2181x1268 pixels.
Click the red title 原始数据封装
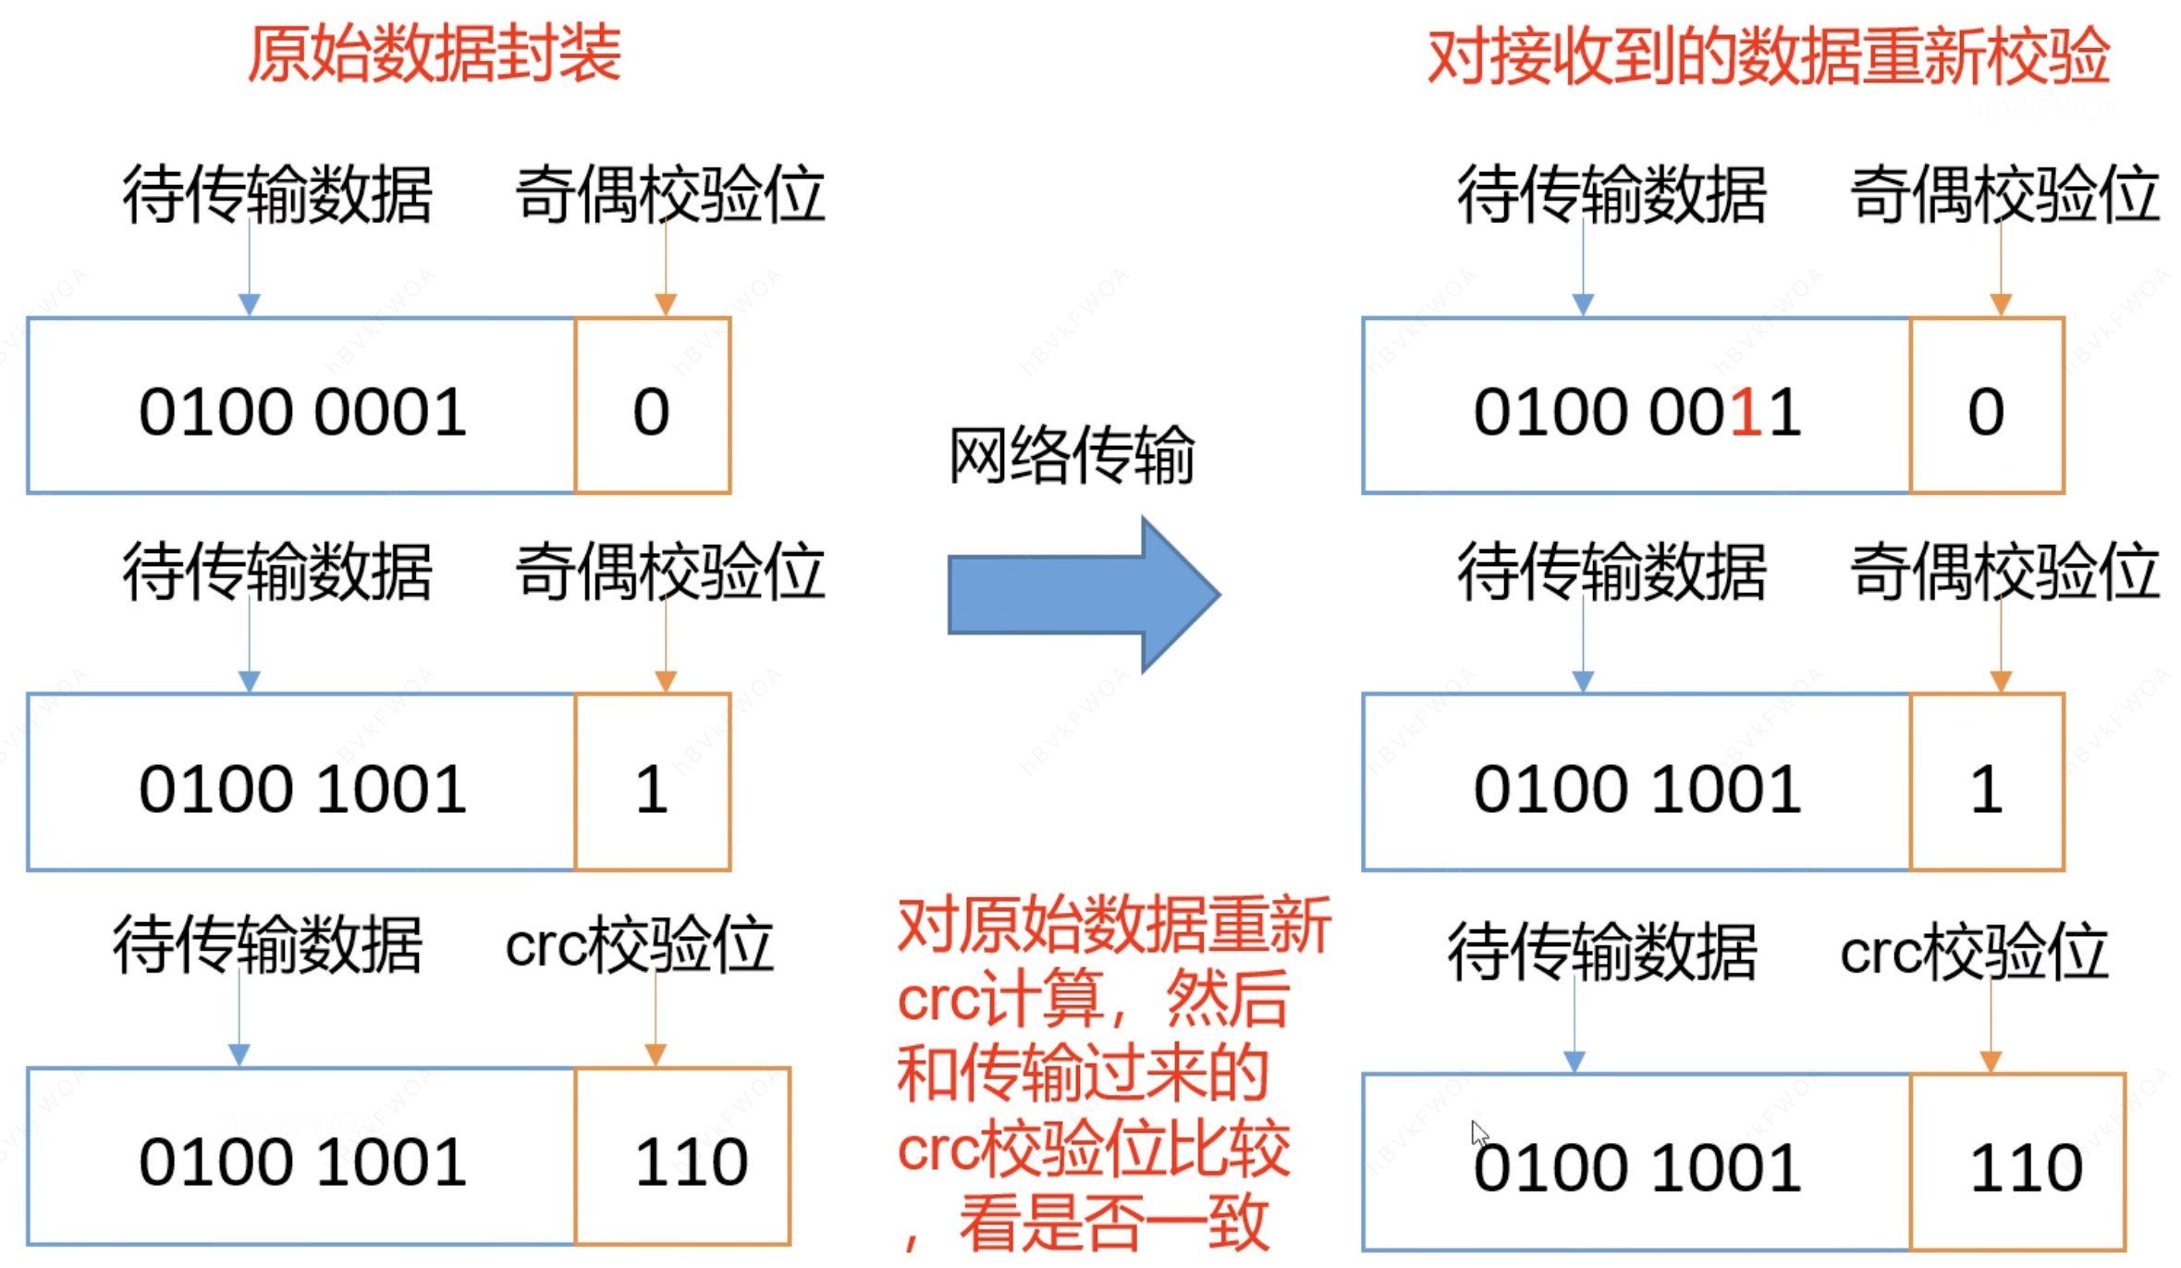tap(434, 54)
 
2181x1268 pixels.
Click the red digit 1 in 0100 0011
tap(1746, 412)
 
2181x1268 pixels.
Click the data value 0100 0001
tap(302, 412)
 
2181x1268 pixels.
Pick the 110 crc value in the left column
tap(691, 1162)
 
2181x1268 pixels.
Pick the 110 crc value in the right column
tap(2026, 1167)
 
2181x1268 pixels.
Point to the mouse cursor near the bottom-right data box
tap(1479, 1133)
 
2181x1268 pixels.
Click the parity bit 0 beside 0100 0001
tap(651, 412)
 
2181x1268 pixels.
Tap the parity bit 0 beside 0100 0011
tap(1985, 412)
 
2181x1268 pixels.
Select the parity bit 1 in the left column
tap(651, 790)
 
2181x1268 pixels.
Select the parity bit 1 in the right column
tap(1985, 790)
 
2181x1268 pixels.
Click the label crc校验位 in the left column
tap(639, 945)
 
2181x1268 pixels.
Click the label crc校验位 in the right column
tap(1974, 952)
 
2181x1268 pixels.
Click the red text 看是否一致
tap(1113, 1222)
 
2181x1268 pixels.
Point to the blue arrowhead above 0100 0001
tap(249, 304)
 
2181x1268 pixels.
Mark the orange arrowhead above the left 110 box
tap(656, 1054)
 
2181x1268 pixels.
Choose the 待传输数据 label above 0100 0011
tap(1611, 194)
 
